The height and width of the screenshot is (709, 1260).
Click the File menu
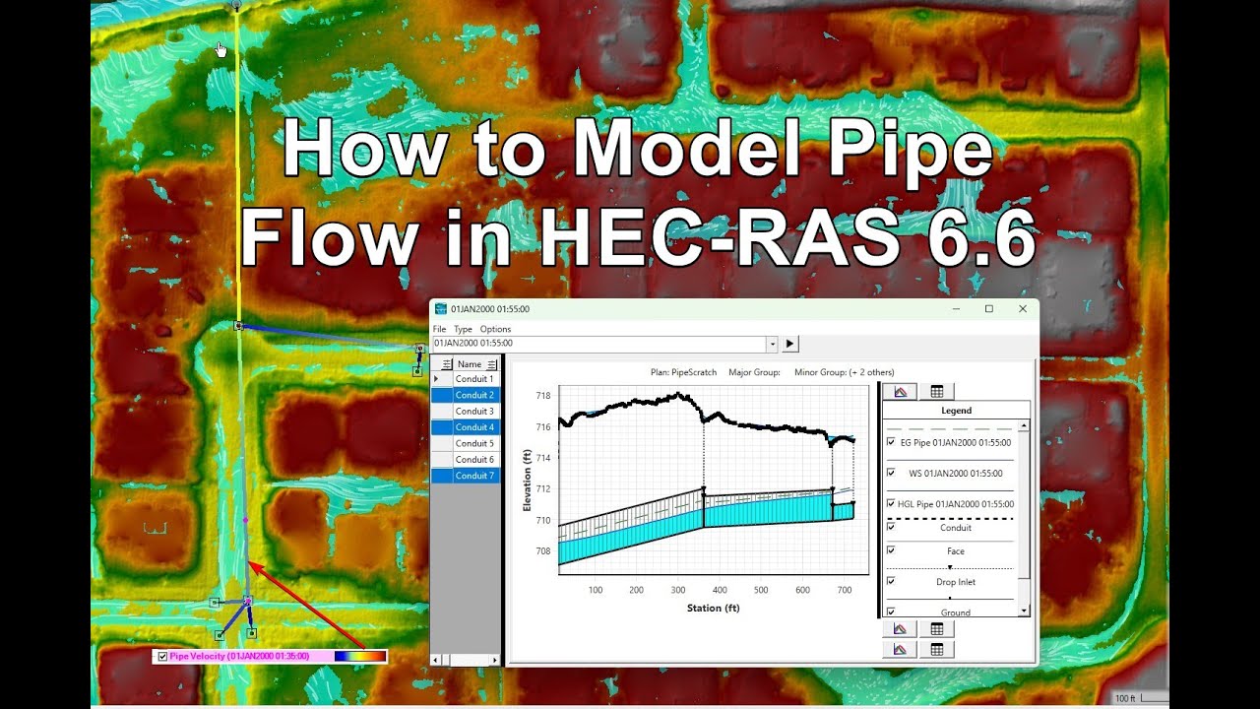click(440, 329)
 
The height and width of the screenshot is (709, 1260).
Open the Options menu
click(495, 329)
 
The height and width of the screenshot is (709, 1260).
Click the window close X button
click(1022, 309)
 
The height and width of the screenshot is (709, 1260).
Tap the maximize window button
click(989, 309)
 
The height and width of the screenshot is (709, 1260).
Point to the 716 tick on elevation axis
click(543, 427)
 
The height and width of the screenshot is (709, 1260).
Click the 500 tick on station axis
click(761, 590)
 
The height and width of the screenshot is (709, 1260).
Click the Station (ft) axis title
click(713, 608)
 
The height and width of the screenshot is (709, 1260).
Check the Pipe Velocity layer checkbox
click(162, 656)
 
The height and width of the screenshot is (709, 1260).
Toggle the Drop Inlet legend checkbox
click(891, 582)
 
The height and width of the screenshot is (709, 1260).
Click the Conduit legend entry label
click(956, 528)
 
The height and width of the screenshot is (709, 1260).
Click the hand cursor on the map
click(220, 49)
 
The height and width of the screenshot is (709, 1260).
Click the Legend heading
click(956, 411)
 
